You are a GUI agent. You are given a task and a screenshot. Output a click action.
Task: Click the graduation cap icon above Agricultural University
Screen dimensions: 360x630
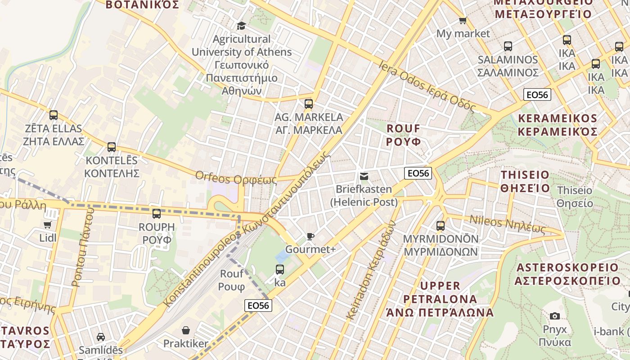241,26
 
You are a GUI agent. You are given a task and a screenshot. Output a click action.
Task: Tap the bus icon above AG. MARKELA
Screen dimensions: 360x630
308,104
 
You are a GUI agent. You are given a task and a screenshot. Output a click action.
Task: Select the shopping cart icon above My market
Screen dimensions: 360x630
463,20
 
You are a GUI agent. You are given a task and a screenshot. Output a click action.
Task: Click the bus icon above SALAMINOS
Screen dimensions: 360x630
508,46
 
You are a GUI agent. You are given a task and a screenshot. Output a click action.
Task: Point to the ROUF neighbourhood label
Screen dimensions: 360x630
404,135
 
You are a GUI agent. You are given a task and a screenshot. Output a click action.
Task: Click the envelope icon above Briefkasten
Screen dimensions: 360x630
364,176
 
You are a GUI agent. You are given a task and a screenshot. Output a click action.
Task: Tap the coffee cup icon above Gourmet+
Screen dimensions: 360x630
310,236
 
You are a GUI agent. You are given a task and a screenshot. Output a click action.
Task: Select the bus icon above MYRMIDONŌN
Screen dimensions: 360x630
440,225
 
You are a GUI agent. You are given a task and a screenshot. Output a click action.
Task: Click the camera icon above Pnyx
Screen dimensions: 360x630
554,316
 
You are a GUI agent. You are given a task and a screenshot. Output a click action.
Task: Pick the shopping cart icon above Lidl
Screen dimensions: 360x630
48,225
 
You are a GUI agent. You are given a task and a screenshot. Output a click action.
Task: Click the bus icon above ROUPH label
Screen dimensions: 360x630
156,214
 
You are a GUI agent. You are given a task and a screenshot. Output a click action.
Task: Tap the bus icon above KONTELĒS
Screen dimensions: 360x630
112,147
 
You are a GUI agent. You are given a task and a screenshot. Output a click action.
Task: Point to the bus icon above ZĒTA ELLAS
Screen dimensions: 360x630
54,115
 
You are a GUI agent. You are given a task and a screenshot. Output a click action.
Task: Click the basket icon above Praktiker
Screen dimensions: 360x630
185,331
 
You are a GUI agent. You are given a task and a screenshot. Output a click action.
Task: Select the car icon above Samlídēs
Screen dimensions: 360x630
101,337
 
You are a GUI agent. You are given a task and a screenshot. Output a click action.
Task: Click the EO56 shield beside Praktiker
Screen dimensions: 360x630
258,306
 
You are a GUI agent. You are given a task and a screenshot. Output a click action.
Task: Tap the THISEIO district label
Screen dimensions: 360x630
525,181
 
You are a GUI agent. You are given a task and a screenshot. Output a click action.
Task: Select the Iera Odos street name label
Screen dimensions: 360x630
427,86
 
